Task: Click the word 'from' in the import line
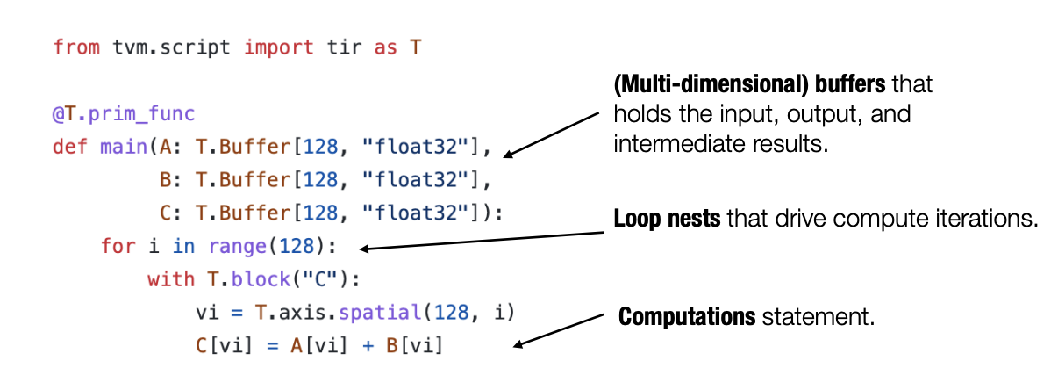(72, 47)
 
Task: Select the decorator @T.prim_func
(123, 114)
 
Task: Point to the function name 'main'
(119, 146)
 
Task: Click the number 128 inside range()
(308, 246)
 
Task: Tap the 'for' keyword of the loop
(118, 246)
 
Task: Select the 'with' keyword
(172, 279)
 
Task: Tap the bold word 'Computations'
(688, 316)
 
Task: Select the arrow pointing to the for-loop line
(483, 241)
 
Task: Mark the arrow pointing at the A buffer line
(552, 134)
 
